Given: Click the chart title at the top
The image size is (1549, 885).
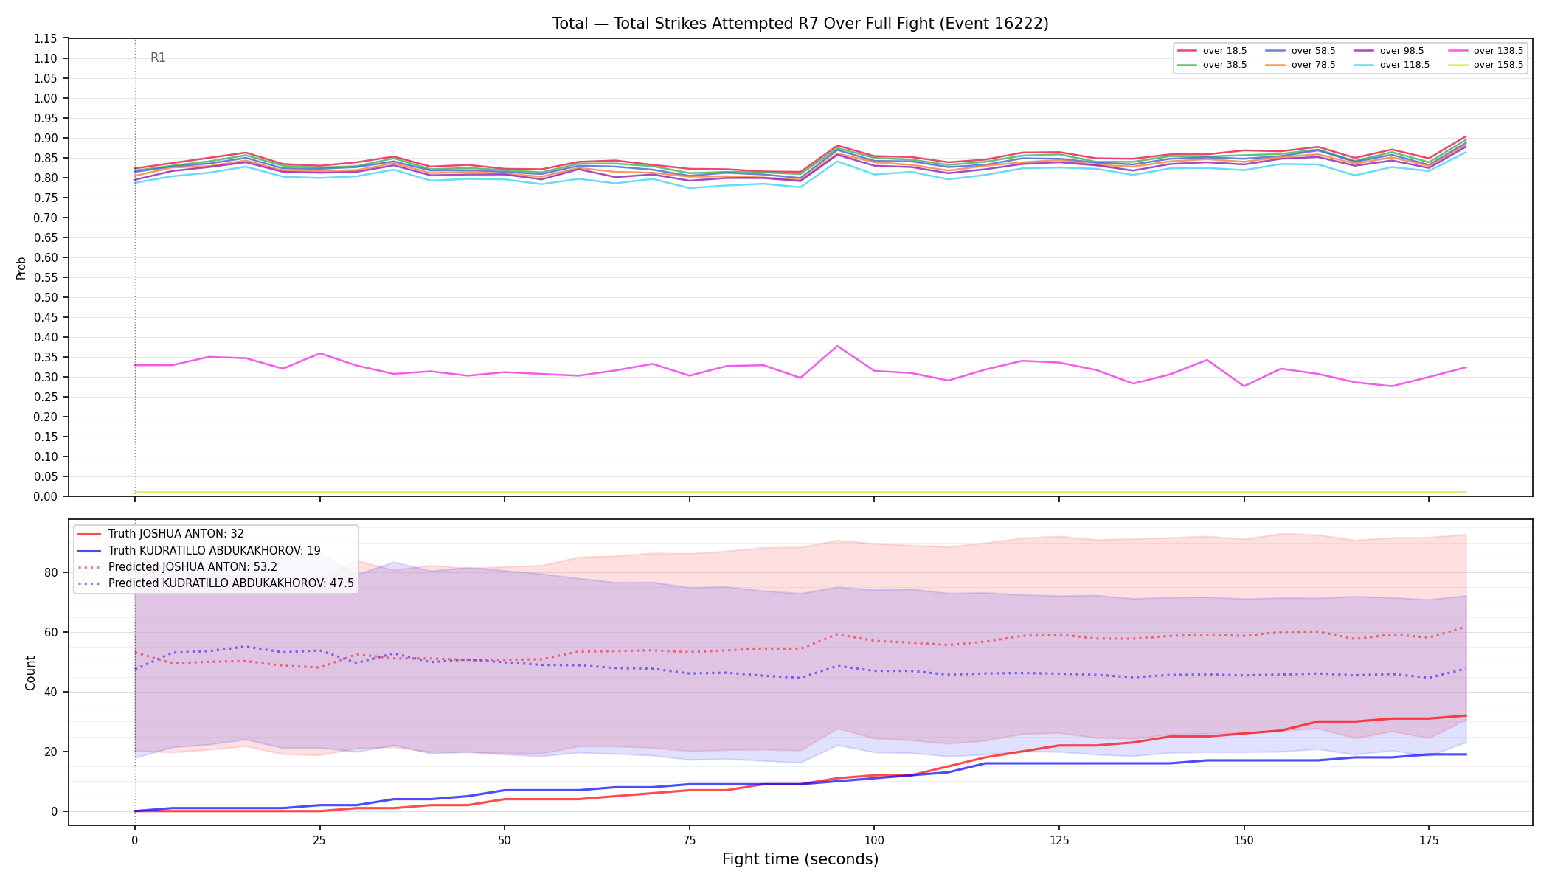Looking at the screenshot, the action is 800,24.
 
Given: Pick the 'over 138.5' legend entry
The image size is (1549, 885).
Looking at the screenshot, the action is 1486,51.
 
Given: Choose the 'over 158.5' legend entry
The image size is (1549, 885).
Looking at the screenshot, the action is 1486,65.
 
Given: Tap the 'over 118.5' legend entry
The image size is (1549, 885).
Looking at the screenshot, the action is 1392,65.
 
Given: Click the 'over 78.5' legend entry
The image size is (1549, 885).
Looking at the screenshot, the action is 1300,65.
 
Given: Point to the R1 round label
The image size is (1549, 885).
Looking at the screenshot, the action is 158,58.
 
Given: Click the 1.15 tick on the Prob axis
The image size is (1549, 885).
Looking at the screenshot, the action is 46,38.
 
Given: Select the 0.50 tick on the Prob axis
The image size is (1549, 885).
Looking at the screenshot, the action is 46,297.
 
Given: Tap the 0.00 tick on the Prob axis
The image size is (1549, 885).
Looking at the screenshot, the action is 46,496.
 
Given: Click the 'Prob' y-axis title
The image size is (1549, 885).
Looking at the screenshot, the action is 21,268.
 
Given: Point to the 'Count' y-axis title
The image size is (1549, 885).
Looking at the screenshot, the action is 30,673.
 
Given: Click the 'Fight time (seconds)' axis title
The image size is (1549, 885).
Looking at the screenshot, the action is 800,859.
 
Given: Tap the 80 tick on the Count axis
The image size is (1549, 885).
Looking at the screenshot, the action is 52,572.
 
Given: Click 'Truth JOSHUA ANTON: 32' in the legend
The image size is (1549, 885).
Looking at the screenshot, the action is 176,534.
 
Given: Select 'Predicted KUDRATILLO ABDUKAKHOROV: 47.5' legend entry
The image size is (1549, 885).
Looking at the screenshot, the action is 231,583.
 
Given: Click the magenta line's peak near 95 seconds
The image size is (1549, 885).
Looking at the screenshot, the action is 837,346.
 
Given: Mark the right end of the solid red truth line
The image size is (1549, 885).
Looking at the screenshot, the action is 1466,715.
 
